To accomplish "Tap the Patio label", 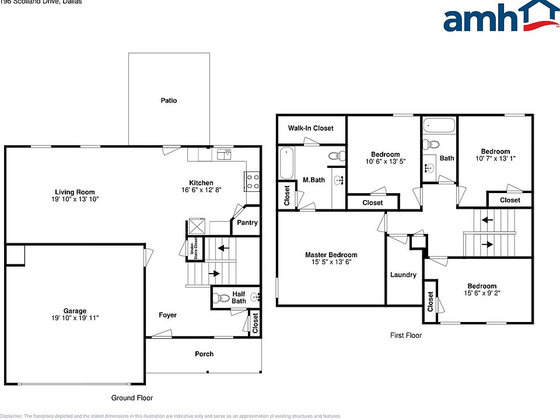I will click(x=169, y=100).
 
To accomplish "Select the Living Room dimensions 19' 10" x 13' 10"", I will click(x=75, y=199).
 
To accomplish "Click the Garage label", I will click(x=75, y=311).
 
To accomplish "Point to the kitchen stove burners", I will click(x=252, y=181).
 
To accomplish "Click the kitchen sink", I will click(x=224, y=154).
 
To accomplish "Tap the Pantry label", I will click(x=247, y=223).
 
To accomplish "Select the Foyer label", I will click(x=168, y=315).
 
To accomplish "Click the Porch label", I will click(x=204, y=353).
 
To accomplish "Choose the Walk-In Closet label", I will click(x=311, y=128).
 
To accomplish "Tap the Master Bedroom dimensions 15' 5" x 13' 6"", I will click(x=331, y=262).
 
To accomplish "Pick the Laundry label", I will click(x=403, y=275).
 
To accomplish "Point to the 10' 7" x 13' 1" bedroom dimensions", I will click(x=495, y=159).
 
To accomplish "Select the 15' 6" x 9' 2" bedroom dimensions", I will click(x=481, y=293).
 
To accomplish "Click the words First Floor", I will click(x=405, y=335).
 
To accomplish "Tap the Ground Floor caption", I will click(x=132, y=398).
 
